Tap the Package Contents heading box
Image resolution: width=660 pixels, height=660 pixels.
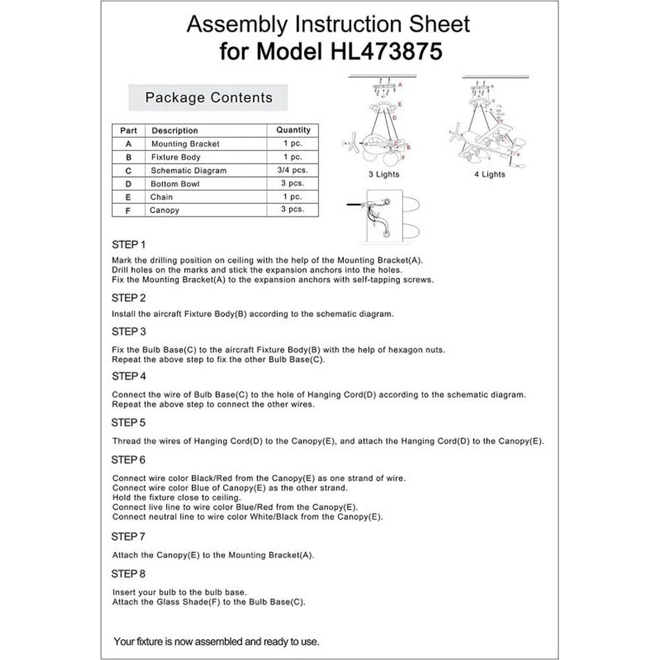tap(209, 98)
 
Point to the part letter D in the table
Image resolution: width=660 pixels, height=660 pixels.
tap(128, 184)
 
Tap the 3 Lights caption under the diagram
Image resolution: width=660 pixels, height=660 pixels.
tap(383, 175)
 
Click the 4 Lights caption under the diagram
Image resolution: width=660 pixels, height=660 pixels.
tap(489, 175)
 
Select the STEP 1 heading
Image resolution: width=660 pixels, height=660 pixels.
tap(129, 244)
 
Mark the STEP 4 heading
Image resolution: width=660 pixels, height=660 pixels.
tap(129, 376)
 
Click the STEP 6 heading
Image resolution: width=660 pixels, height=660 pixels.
tap(129, 459)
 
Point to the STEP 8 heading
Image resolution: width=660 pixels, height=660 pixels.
tap(129, 573)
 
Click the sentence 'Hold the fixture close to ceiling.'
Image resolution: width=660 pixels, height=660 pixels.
tap(177, 498)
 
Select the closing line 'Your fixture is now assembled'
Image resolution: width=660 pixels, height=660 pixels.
tap(216, 641)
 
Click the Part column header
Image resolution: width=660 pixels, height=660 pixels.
tap(128, 130)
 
